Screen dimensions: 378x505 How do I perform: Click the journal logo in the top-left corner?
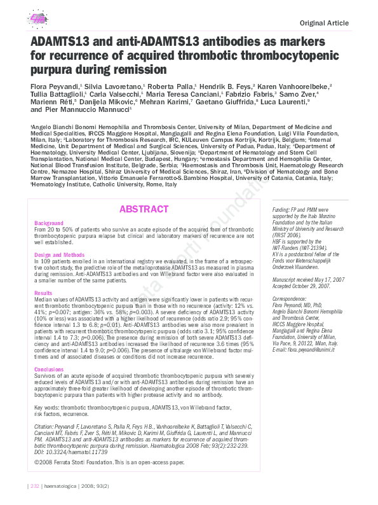click(x=40, y=18)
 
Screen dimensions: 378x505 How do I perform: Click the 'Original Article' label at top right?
click(x=324, y=24)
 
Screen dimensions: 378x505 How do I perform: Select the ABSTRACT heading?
click(x=144, y=209)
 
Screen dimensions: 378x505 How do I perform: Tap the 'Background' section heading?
click(x=49, y=224)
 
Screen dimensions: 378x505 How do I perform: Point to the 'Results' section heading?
click(x=43, y=293)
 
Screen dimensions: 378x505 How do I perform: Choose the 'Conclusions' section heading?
click(x=49, y=369)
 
